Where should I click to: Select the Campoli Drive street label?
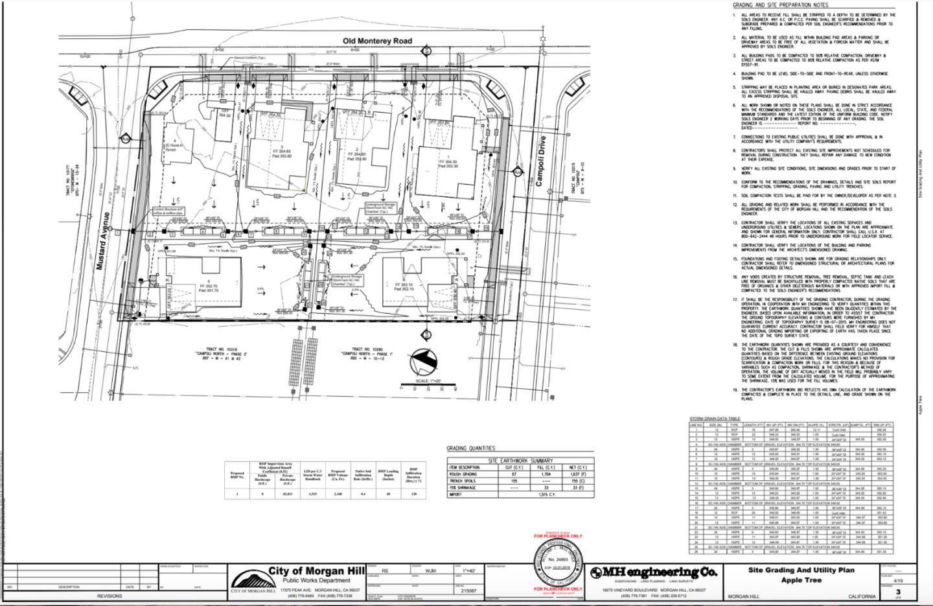tap(540, 161)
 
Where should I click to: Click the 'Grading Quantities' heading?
tap(470, 448)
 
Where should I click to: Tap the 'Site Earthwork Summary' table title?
tap(520, 460)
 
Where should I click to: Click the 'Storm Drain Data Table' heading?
tap(713, 419)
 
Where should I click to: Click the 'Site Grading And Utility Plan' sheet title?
tap(800, 570)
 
